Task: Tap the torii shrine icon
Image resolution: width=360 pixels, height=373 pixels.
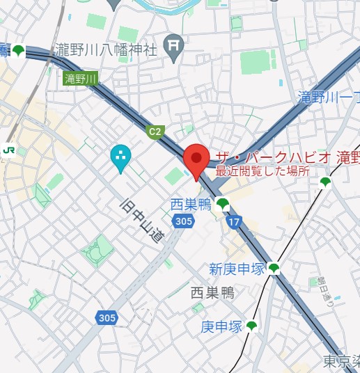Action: pos(173,46)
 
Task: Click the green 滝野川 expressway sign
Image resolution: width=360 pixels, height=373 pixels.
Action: pos(81,79)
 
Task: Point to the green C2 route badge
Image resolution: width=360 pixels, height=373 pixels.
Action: pos(155,131)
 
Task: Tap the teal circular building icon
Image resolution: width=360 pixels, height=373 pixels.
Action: pos(120,157)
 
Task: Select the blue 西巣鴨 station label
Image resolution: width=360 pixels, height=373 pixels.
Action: pos(191,204)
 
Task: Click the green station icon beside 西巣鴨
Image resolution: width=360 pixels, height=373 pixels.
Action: pos(222,204)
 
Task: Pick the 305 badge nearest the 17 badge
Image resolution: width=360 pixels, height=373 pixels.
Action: pos(183,221)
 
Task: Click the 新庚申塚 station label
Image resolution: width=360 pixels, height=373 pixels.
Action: pos(237,269)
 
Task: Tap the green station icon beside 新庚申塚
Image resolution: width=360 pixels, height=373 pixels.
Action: pos(274,269)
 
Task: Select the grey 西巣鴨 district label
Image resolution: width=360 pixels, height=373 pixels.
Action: pos(212,294)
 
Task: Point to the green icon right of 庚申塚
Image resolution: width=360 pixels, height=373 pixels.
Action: pos(251,326)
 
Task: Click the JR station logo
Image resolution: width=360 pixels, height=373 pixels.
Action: pos(10,149)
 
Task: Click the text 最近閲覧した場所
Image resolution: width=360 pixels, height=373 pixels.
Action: pos(262,171)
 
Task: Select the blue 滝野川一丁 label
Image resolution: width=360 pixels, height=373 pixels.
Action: pos(327,95)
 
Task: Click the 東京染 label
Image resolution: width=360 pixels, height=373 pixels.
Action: pos(341,361)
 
